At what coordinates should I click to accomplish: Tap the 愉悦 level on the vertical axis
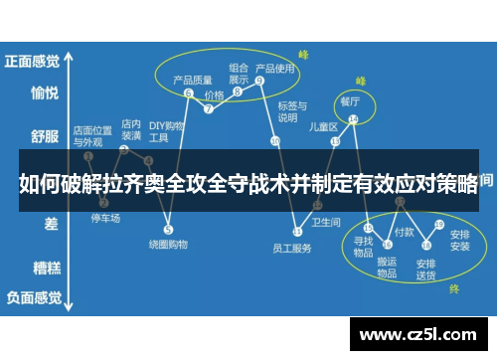44,93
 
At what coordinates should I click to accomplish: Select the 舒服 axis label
44,135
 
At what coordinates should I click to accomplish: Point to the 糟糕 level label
44,267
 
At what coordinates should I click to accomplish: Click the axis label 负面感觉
32,296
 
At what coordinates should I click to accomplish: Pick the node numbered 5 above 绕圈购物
168,230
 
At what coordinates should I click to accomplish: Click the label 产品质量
193,80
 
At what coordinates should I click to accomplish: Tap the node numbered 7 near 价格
209,109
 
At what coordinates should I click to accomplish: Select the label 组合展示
240,74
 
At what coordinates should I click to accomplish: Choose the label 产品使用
275,69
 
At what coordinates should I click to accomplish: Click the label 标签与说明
289,111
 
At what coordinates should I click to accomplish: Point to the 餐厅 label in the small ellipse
350,101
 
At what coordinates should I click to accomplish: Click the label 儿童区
324,126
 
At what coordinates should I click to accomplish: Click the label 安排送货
426,269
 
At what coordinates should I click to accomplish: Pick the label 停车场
105,218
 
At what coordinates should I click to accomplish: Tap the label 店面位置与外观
92,135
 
